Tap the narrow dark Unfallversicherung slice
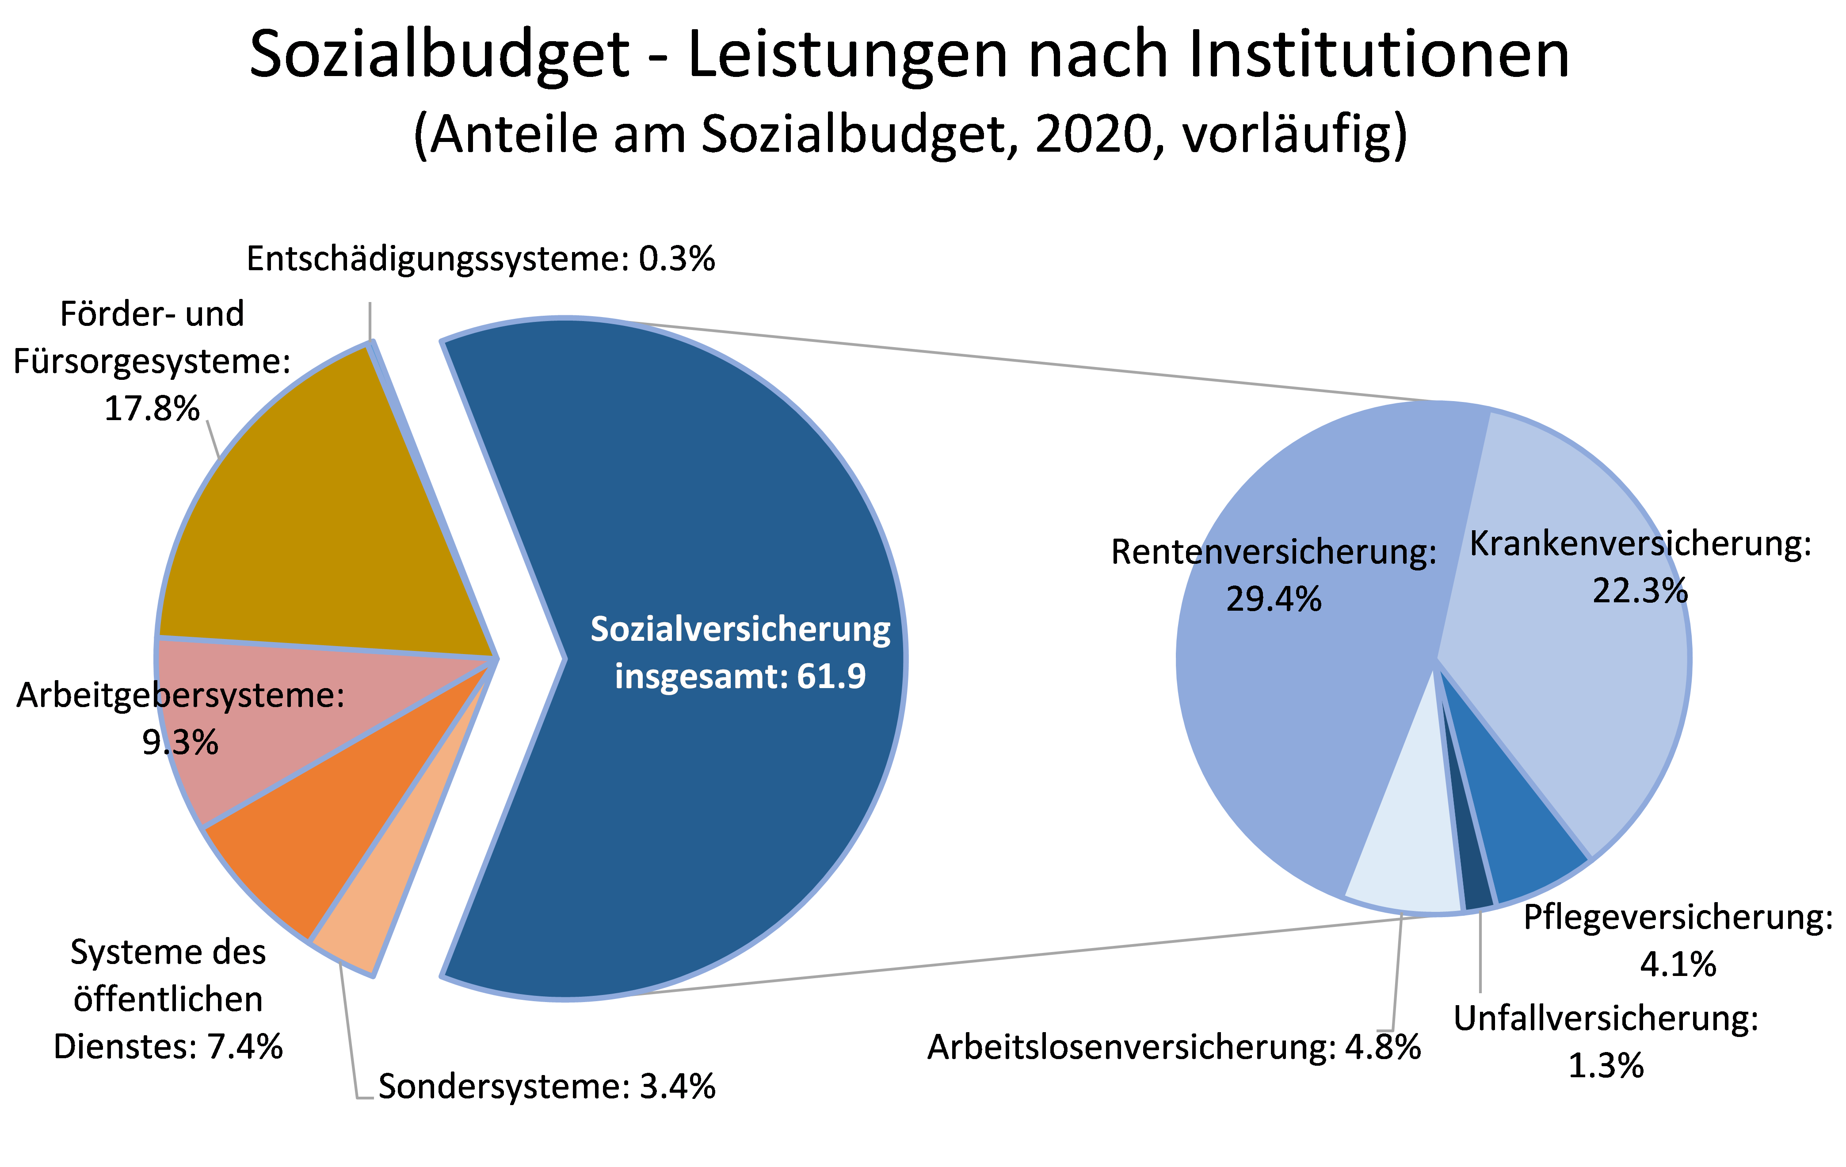point(1476,882)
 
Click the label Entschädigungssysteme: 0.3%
point(481,259)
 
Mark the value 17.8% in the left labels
point(152,409)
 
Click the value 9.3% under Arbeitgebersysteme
point(180,742)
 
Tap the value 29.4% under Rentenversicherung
point(1274,599)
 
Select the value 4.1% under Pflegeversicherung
point(1678,964)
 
